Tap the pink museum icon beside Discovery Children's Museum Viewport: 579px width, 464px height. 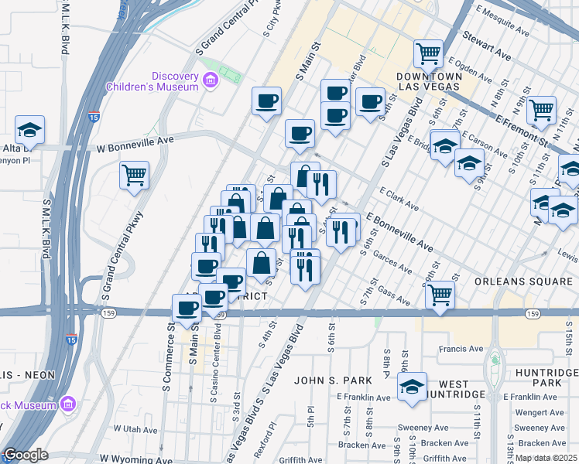pos(209,80)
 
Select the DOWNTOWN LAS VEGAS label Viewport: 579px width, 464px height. pos(429,81)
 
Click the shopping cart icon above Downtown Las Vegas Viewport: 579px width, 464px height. pos(428,53)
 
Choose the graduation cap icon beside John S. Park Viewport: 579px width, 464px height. pos(413,387)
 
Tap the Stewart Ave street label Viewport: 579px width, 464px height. pos(487,46)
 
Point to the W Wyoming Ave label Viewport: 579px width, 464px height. pos(129,449)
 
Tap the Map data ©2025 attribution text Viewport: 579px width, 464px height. pos(545,458)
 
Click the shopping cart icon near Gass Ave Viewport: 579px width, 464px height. pos(440,295)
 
